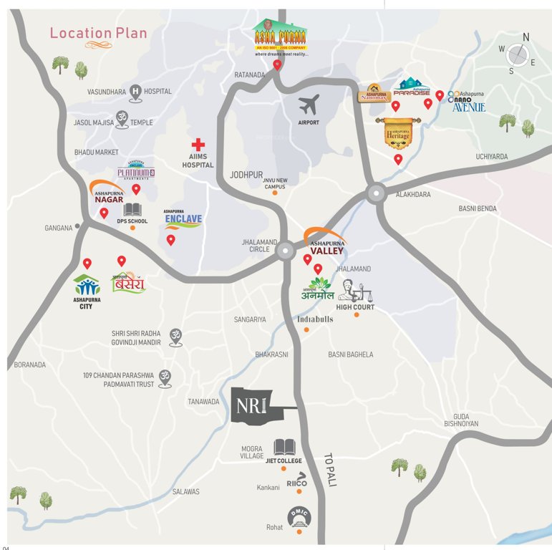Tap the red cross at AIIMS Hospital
click(198, 145)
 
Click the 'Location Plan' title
click(98, 33)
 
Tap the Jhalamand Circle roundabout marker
click(285, 250)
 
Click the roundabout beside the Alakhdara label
click(376, 193)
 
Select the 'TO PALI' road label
click(329, 470)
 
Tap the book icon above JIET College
click(284, 448)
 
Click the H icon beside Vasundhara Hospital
click(135, 91)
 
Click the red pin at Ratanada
click(277, 65)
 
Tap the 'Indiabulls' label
click(315, 319)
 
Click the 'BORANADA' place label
click(29, 365)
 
